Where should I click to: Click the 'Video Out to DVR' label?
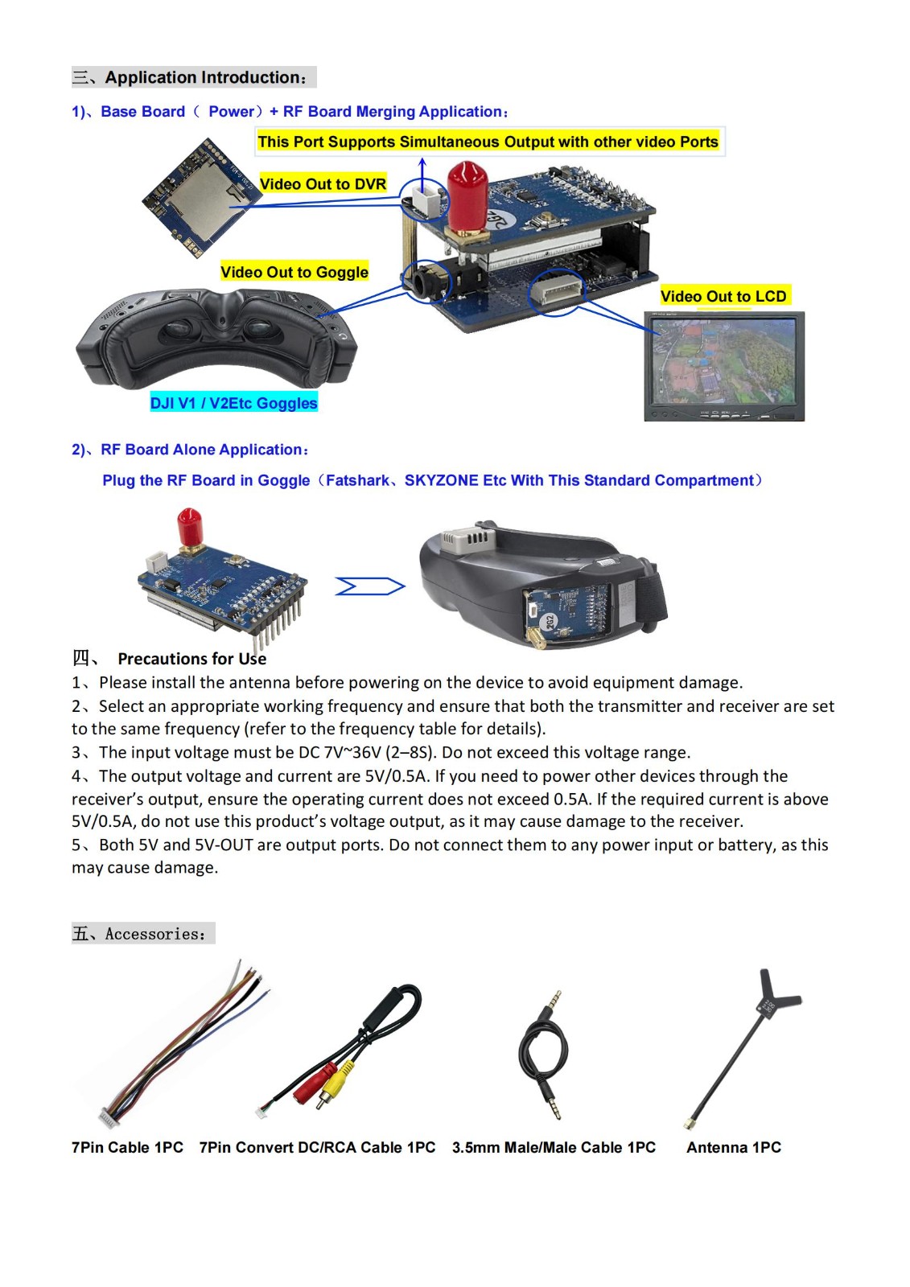(323, 183)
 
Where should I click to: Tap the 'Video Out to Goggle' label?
(294, 272)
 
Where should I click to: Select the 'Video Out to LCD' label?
(723, 296)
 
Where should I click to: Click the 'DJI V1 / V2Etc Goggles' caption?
(234, 402)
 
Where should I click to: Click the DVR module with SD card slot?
(198, 198)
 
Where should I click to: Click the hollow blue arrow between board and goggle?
(369, 586)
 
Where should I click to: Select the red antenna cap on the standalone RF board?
(189, 527)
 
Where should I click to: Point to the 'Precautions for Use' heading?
(191, 659)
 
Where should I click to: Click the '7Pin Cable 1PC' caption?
(127, 1147)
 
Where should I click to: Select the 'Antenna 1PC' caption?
(734, 1147)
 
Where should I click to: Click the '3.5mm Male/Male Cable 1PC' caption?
(554, 1147)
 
